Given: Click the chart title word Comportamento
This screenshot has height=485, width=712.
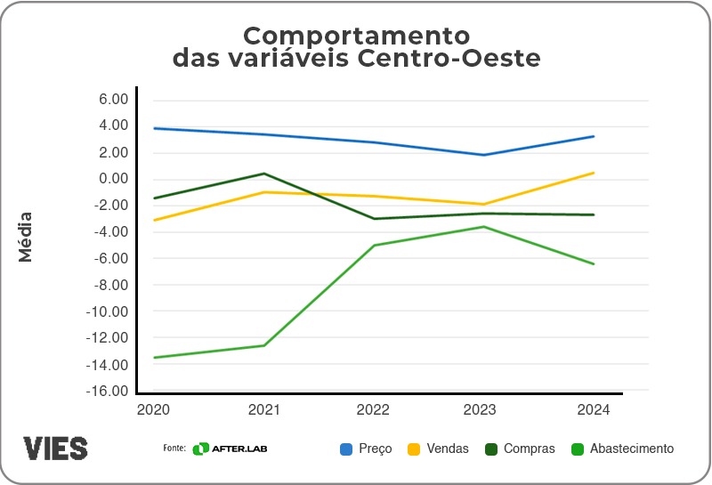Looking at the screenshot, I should pyautogui.click(x=356, y=36).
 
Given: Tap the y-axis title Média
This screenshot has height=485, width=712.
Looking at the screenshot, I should pyautogui.click(x=26, y=236).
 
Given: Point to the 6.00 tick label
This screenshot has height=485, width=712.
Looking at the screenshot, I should pyautogui.click(x=115, y=99).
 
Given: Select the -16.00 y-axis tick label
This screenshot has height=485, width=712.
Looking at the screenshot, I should pyautogui.click(x=108, y=392).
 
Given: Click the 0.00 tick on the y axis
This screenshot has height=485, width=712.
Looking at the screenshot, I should pyautogui.click(x=115, y=179).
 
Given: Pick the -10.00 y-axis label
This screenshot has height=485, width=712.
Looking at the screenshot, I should pyautogui.click(x=108, y=311).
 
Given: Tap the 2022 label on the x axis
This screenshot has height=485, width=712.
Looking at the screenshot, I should pyautogui.click(x=373, y=409).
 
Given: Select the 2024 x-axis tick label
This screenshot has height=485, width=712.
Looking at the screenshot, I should pyautogui.click(x=594, y=409).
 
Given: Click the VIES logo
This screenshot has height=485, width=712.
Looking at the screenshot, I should pyautogui.click(x=56, y=448).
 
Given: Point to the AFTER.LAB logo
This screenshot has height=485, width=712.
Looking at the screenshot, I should pyautogui.click(x=231, y=449).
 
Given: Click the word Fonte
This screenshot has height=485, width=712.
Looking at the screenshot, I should pyautogui.click(x=174, y=448).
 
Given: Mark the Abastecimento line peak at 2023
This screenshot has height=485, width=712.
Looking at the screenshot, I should pyautogui.click(x=483, y=227).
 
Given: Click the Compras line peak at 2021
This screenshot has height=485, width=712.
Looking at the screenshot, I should pyautogui.click(x=263, y=174).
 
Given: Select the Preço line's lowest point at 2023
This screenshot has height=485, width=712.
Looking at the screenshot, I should pyautogui.click(x=483, y=155).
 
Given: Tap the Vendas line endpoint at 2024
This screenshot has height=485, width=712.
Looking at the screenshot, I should pyautogui.click(x=594, y=173).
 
